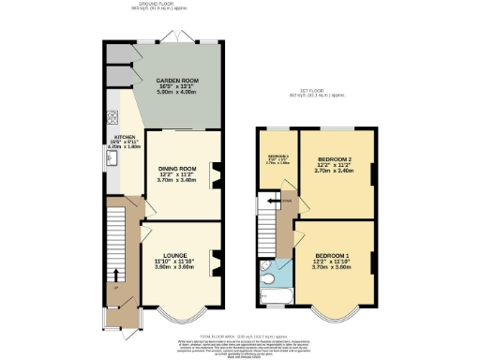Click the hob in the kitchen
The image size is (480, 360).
(112, 118)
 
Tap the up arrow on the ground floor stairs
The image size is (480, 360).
(116, 275)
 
